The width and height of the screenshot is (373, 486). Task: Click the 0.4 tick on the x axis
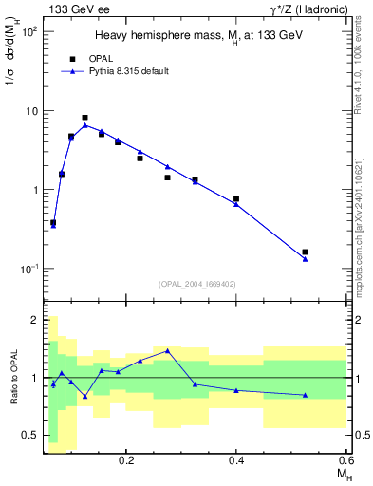236,460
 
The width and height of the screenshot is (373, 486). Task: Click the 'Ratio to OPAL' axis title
14,379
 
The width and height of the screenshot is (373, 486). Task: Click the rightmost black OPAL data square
305,252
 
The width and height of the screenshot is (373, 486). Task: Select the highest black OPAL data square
85,118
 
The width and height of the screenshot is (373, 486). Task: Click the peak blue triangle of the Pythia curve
85,125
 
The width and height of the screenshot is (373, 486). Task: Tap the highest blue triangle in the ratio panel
167,350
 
